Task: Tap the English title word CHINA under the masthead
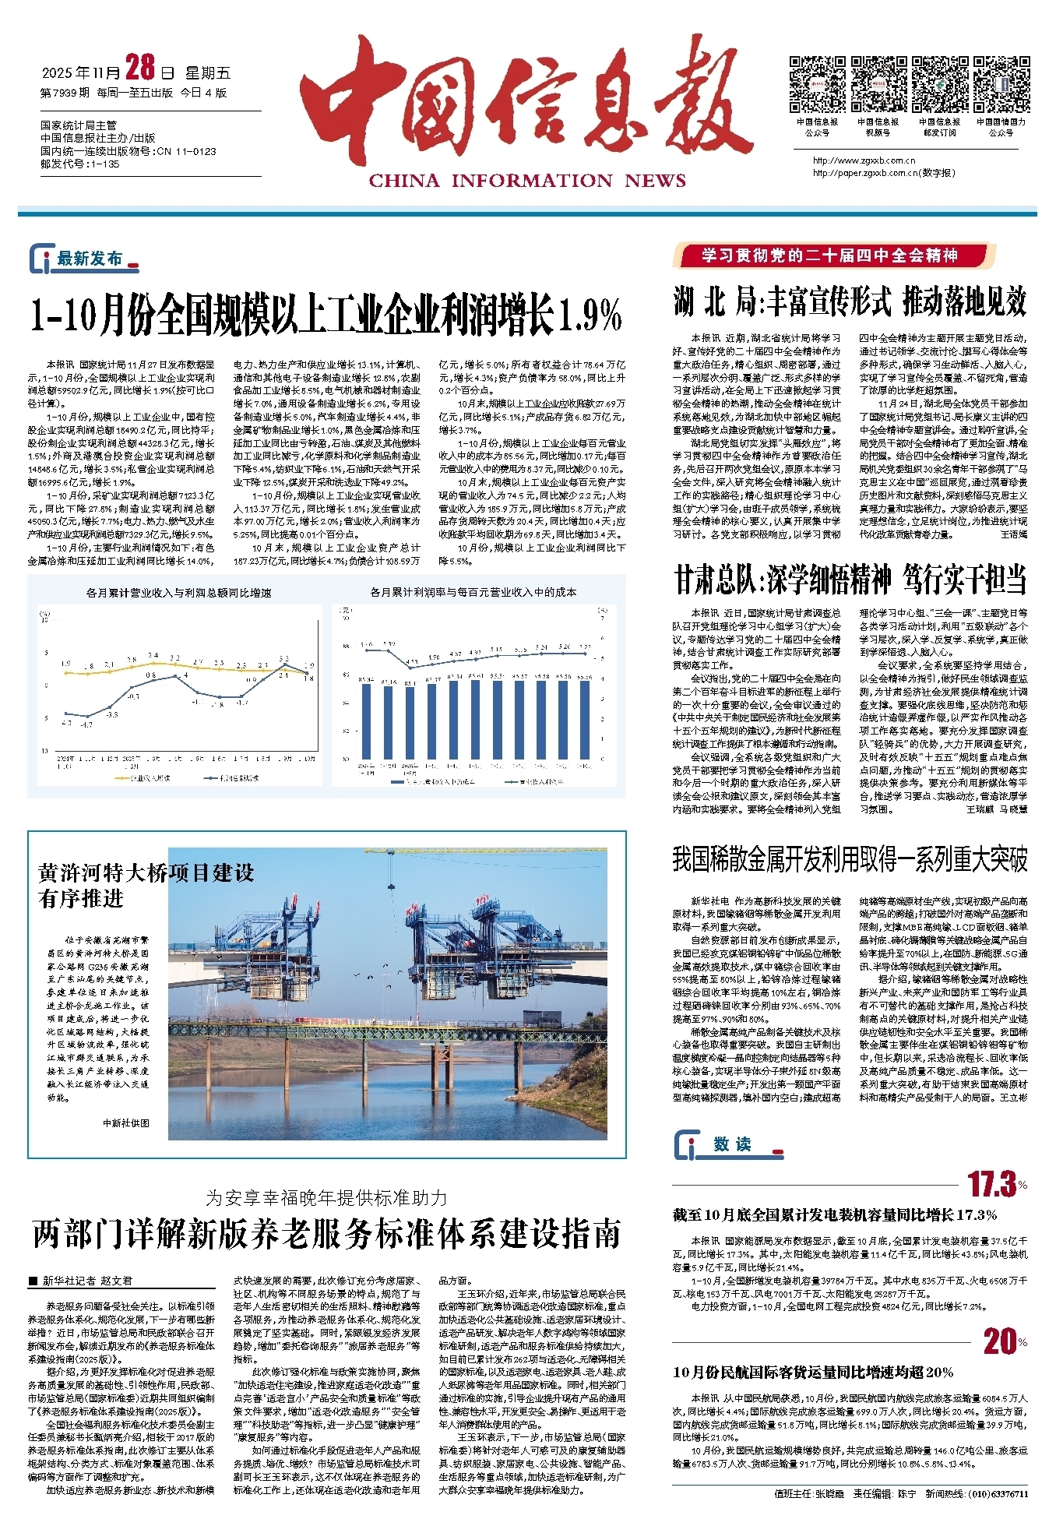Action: coord(403,181)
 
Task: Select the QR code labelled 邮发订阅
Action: coord(939,84)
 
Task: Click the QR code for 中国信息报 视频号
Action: coord(878,84)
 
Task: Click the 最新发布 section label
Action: coord(89,259)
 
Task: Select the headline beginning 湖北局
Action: coord(850,301)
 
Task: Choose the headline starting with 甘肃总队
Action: coord(850,580)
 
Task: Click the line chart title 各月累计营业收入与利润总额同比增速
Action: coord(178,593)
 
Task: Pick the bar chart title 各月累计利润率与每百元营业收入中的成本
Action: coord(473,592)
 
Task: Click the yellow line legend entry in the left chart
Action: coord(144,778)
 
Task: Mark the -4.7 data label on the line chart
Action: coord(86,724)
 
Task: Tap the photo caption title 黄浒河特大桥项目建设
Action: coord(146,873)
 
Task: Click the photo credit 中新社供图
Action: coord(125,1122)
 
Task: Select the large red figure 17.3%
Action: coord(995,1185)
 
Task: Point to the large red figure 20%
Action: coord(1003,1341)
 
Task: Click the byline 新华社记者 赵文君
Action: coord(86,1281)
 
